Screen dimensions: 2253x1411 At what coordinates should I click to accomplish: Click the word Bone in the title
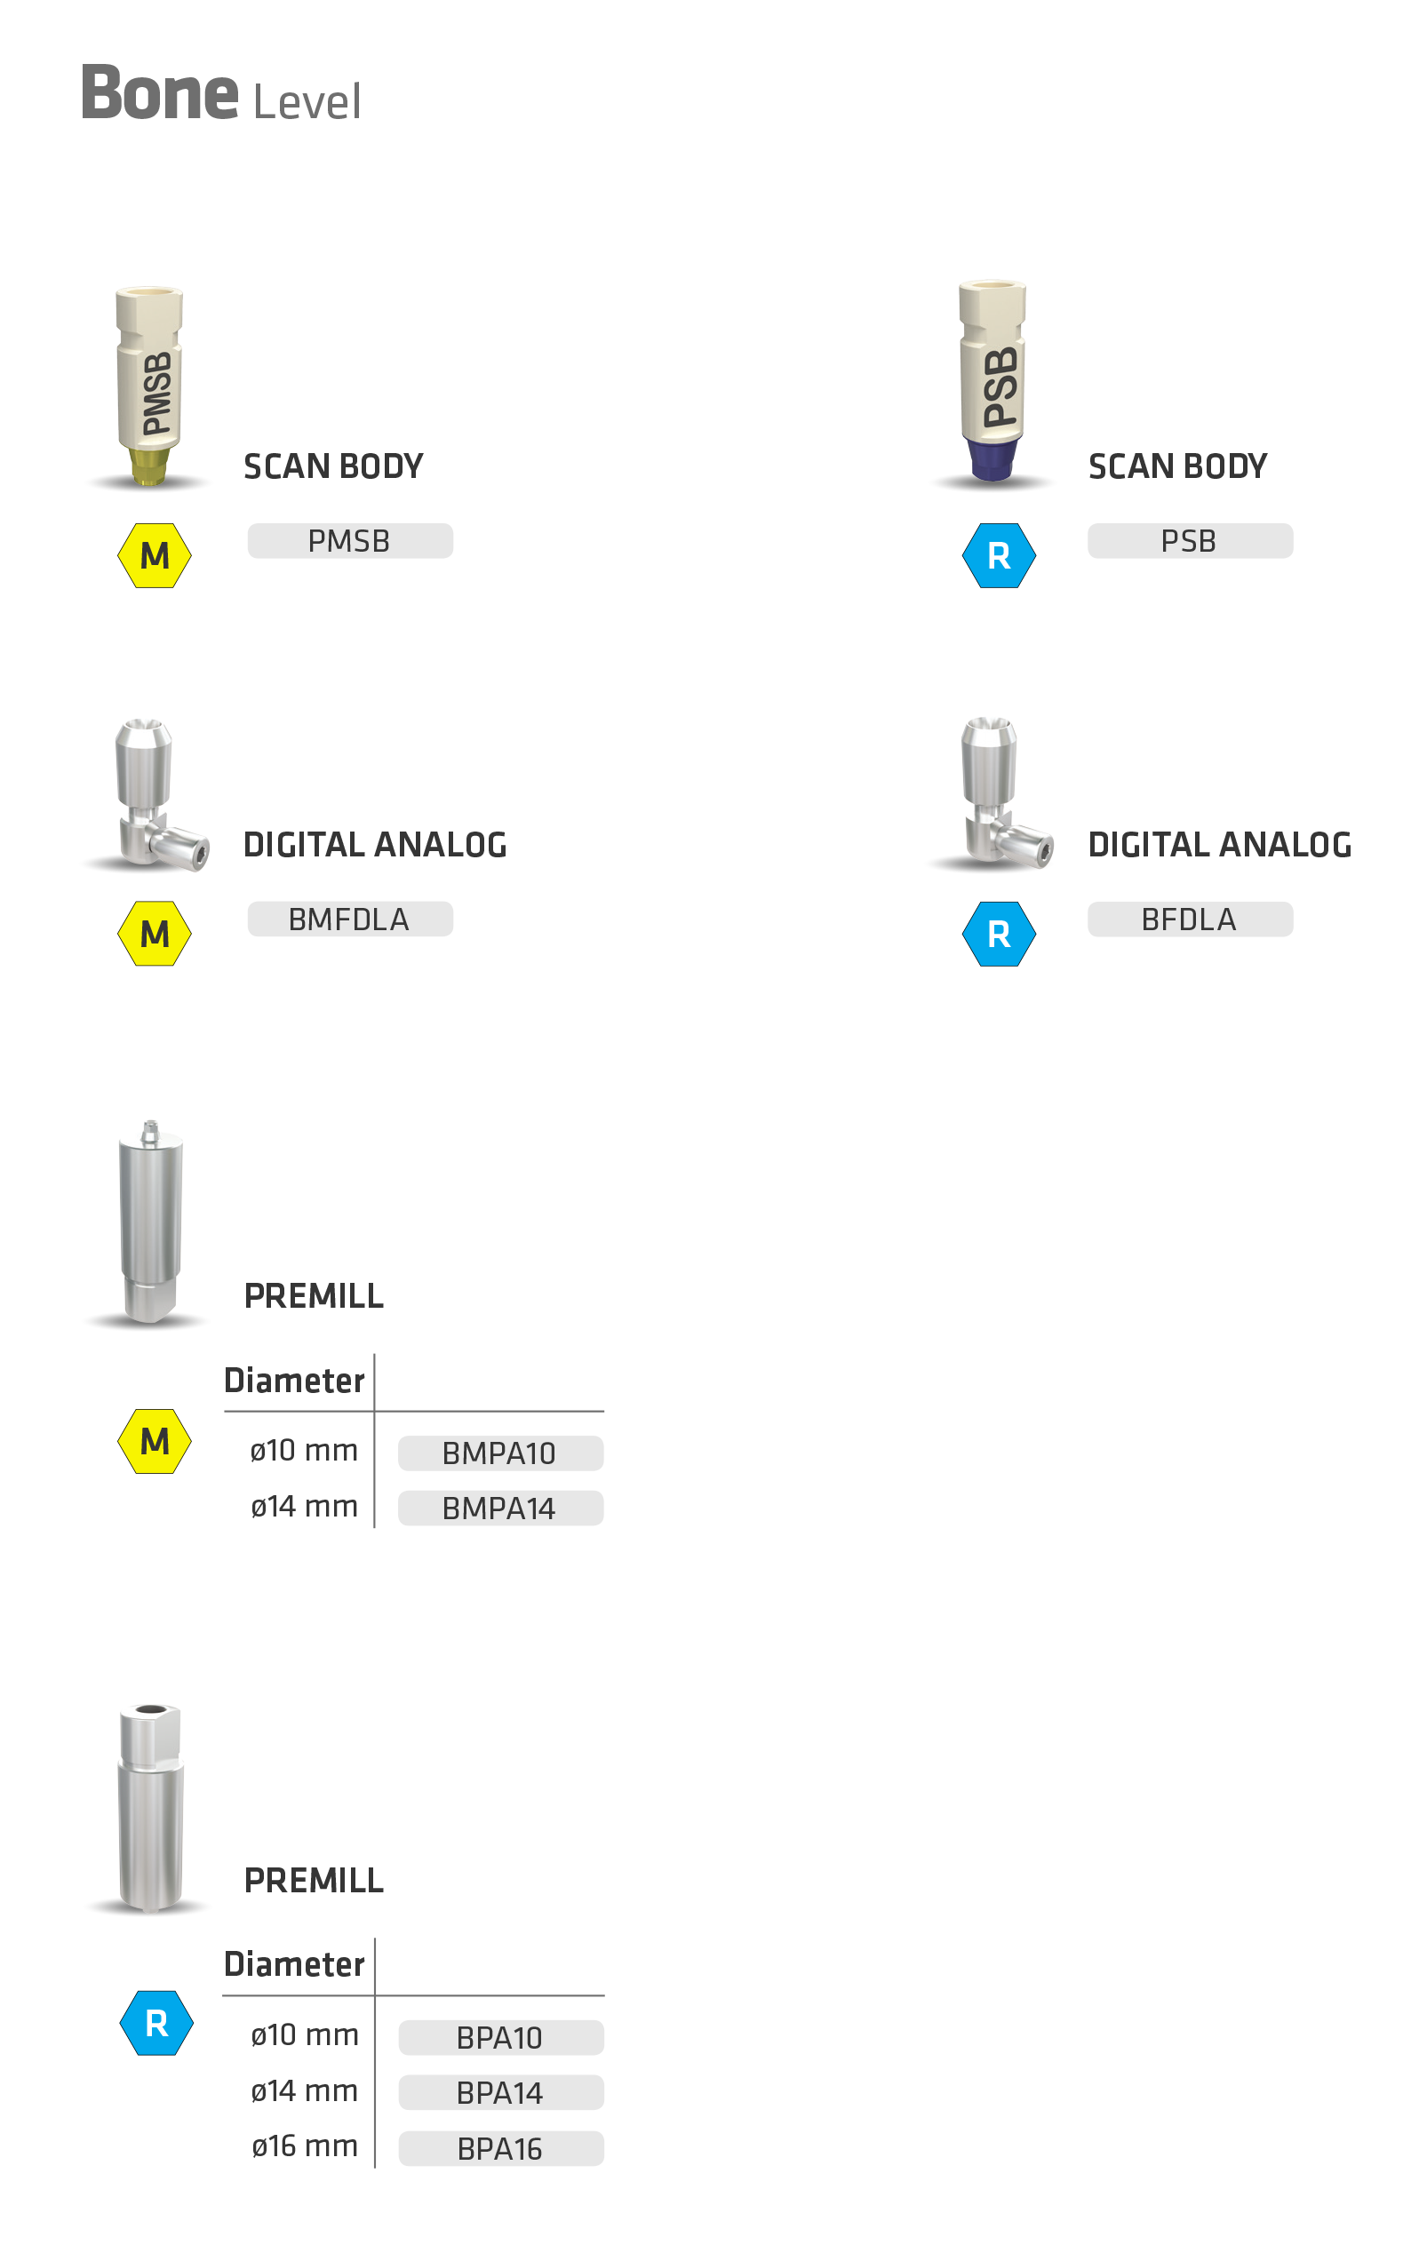point(160,93)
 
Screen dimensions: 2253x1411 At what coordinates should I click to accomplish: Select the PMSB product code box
point(350,541)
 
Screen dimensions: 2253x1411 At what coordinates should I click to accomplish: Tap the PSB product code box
point(1189,541)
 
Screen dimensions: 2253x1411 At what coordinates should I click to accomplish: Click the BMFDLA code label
point(350,920)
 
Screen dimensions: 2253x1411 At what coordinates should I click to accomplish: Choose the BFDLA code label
point(1189,920)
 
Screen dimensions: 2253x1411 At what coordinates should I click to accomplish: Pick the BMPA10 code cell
point(500,1453)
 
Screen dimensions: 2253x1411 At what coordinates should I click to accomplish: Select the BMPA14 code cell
point(500,1509)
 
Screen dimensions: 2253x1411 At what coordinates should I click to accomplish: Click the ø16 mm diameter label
point(304,2146)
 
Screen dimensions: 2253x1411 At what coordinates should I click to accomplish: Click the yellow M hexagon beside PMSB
point(155,556)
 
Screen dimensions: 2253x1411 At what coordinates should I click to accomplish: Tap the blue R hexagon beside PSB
point(999,556)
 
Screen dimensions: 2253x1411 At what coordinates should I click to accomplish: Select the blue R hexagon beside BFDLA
point(999,934)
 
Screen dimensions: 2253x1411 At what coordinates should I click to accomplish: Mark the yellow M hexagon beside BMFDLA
point(155,934)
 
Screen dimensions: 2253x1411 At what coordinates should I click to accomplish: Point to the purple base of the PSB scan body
point(992,458)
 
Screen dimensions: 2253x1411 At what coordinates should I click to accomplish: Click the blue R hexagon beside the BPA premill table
point(156,2024)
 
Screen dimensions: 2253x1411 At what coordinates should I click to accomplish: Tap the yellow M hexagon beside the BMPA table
point(155,1441)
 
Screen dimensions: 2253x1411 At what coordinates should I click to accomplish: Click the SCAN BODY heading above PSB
point(1177,466)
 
